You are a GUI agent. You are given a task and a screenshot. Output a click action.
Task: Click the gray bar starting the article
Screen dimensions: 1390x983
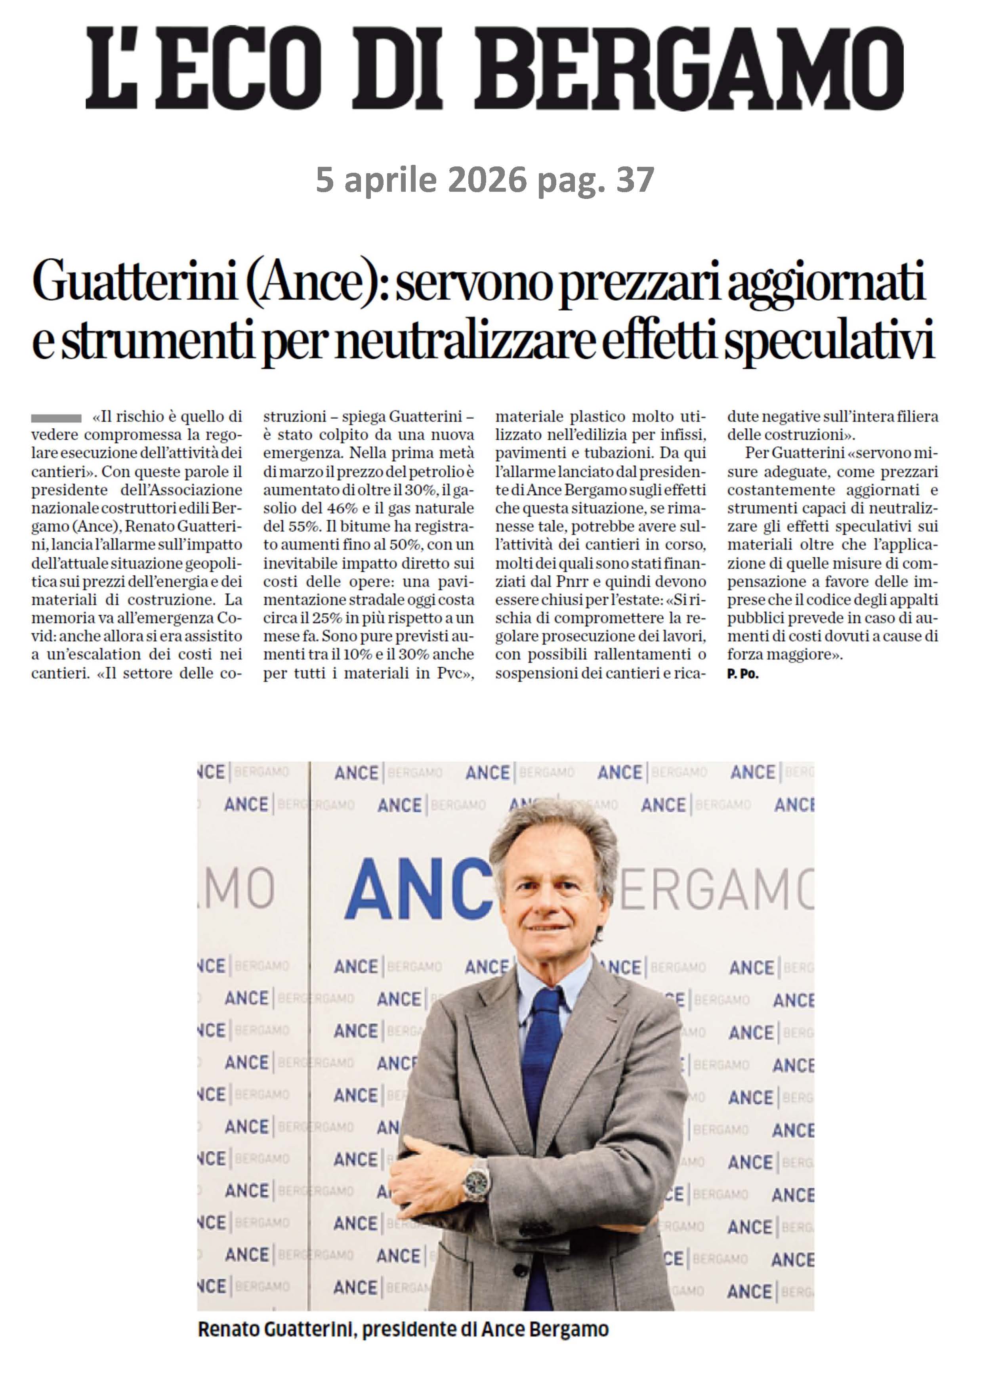click(x=56, y=418)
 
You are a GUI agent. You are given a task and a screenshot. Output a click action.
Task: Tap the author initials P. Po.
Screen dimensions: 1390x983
click(x=742, y=674)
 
